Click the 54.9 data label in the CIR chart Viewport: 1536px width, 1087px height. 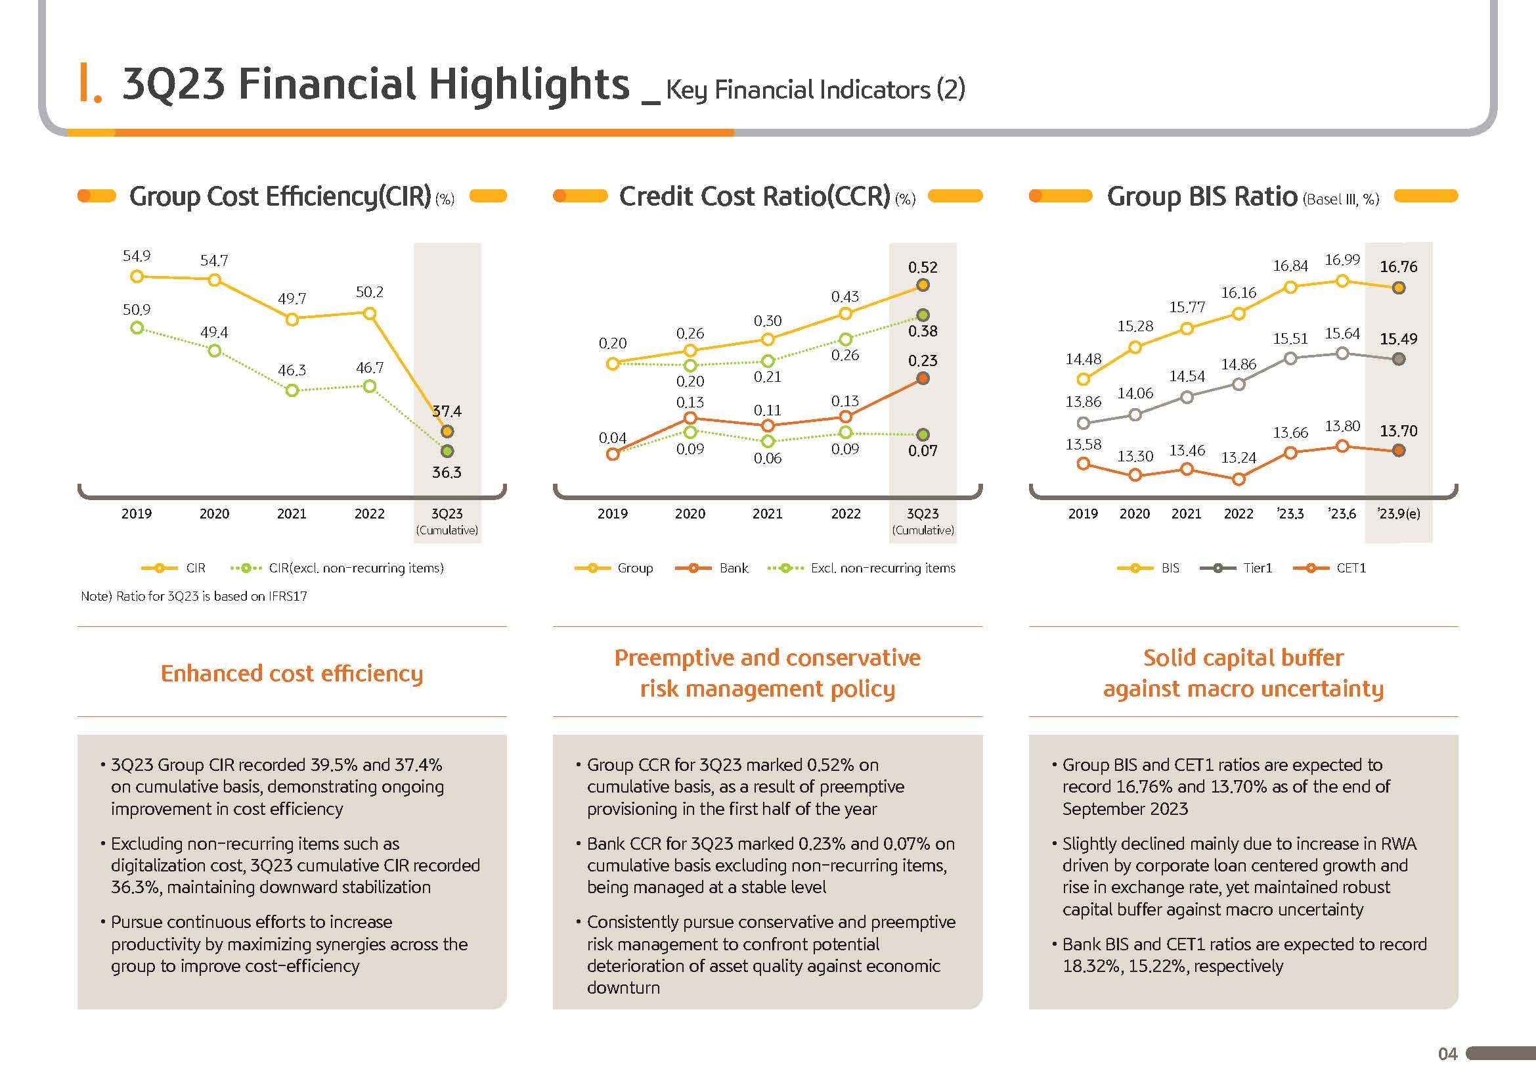tap(137, 256)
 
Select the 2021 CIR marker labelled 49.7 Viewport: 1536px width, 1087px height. tap(292, 320)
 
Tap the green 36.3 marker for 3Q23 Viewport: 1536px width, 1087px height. tap(448, 451)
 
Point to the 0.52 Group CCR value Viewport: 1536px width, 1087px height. tap(923, 267)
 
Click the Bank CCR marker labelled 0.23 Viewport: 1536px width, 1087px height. tap(923, 379)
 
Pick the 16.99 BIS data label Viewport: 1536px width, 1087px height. tap(1342, 260)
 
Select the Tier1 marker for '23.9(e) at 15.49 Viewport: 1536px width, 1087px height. tap(1398, 359)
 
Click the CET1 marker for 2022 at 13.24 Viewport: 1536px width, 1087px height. tap(1239, 479)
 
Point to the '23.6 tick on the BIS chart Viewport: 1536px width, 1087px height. tap(1342, 514)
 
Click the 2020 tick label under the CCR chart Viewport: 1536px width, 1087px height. tap(690, 514)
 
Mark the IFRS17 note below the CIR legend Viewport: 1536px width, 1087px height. tap(194, 596)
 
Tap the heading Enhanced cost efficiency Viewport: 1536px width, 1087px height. tap(292, 674)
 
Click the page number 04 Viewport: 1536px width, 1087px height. tap(1448, 1054)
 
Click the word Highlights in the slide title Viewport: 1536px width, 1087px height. tap(529, 84)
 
